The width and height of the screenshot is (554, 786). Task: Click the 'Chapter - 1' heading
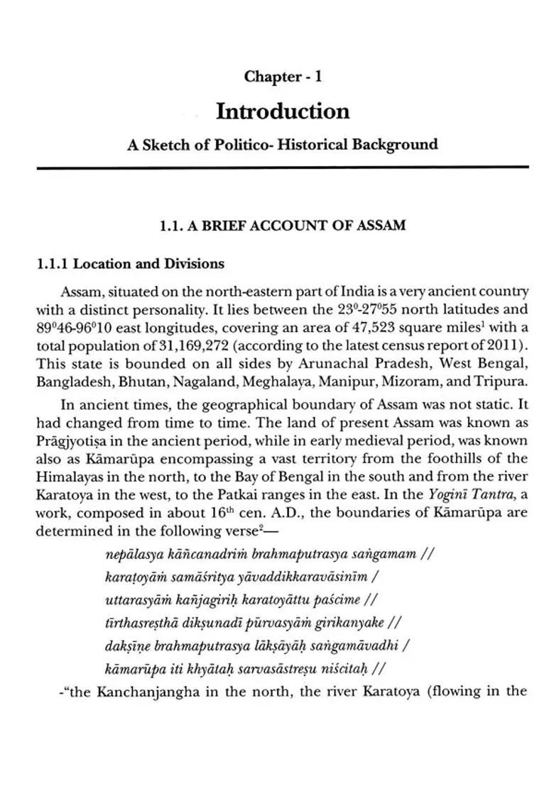point(283,77)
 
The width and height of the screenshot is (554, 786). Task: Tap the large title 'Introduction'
point(283,111)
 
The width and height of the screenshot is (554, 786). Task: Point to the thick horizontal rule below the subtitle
point(283,167)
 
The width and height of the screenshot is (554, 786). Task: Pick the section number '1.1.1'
point(53,264)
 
